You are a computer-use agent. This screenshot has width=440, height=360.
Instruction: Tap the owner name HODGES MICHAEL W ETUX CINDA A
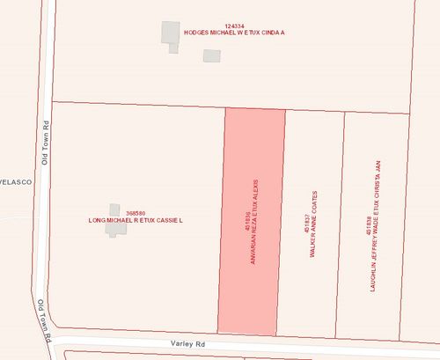[x=235, y=33]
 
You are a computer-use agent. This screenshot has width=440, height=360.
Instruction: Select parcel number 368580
[x=136, y=213]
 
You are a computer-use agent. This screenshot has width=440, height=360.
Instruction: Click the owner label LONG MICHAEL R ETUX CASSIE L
[x=135, y=220]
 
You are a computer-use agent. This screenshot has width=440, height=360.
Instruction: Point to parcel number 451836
[x=248, y=222]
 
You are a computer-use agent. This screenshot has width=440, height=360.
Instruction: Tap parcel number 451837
[x=305, y=222]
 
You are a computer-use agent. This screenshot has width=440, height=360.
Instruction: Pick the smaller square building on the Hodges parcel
[x=211, y=55]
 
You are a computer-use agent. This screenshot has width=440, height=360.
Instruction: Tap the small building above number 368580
[x=114, y=209]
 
